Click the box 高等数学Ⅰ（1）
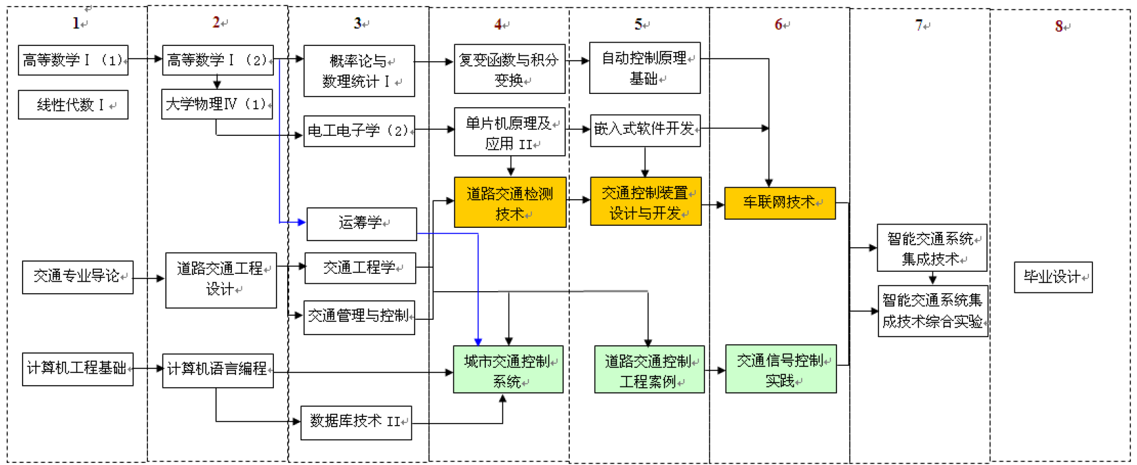tap(73, 61)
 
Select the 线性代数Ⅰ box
tap(73, 105)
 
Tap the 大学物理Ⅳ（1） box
tap(217, 105)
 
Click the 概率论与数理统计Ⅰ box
tap(359, 71)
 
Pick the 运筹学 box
tap(361, 223)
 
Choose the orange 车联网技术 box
tap(779, 203)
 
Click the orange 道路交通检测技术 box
tap(510, 203)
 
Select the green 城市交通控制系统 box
tap(508, 370)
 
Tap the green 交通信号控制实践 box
tap(780, 369)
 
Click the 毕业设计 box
tap(1053, 276)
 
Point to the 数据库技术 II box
tap(356, 422)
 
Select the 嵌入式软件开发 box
tap(644, 129)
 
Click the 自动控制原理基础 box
tap(644, 69)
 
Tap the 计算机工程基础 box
tap(77, 368)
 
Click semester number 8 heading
tap(1058, 26)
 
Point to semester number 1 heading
tap(76, 23)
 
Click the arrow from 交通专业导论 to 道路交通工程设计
tap(149, 278)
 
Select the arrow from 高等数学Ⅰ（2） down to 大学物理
tap(217, 82)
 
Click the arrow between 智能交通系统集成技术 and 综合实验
tap(932, 278)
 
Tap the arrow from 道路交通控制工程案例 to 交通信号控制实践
tap(715, 370)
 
